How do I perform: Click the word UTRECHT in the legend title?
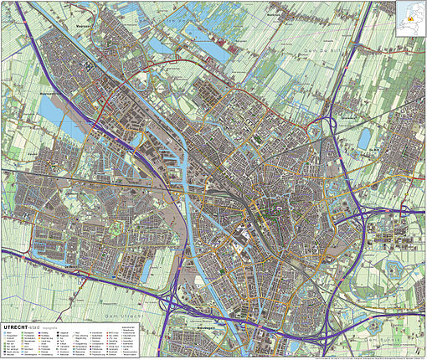18,319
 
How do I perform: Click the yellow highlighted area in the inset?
409,19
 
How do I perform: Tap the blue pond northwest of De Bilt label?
365,141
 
